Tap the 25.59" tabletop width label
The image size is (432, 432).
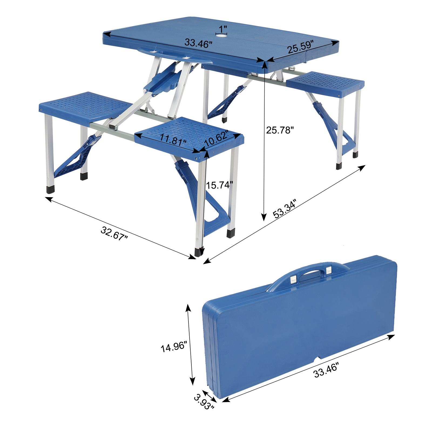point(300,47)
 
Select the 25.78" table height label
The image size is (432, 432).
point(280,130)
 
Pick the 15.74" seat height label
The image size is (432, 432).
point(219,185)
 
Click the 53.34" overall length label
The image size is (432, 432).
point(284,208)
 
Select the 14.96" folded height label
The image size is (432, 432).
point(174,347)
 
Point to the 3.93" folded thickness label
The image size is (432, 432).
point(204,402)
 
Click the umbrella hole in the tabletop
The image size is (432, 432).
point(221,36)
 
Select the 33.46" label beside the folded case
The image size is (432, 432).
point(326,370)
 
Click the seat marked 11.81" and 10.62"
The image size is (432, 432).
point(189,135)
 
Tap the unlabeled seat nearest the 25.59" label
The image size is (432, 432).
point(325,82)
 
